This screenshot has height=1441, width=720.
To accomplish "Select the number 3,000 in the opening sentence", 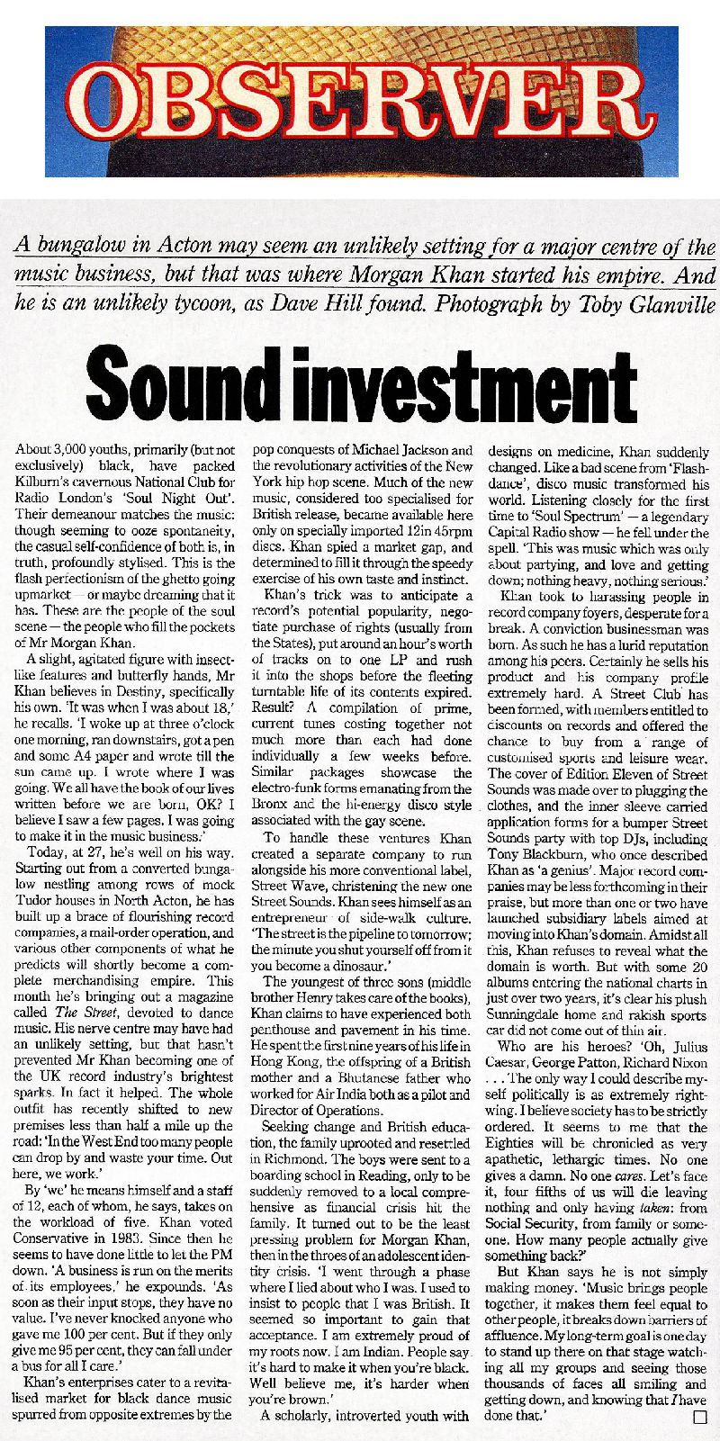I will coord(73,449).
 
